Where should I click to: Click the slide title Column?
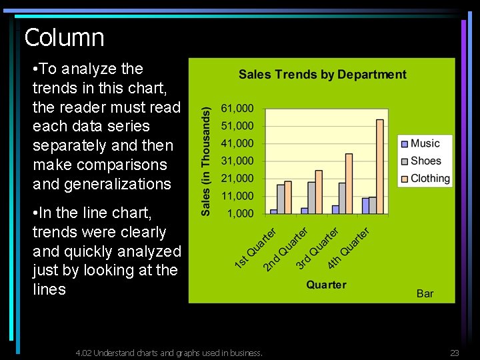pos(64,37)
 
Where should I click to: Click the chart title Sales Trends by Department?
pos(322,75)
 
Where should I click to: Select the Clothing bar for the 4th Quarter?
pos(380,166)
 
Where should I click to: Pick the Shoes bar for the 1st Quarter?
pos(281,199)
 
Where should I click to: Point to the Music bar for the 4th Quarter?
pos(365,205)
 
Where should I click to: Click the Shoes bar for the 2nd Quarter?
pos(311,197)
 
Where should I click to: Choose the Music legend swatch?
pos(404,143)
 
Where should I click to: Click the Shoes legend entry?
pos(425,161)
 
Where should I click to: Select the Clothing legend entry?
pos(430,178)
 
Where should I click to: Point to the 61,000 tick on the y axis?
pos(237,108)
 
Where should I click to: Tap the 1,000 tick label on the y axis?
pos(241,213)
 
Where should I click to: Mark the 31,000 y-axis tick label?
pos(237,161)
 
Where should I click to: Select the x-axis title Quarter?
pos(326,285)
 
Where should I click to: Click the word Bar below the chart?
pos(425,293)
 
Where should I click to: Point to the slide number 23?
pos(455,353)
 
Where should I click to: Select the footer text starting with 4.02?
pos(169,353)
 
